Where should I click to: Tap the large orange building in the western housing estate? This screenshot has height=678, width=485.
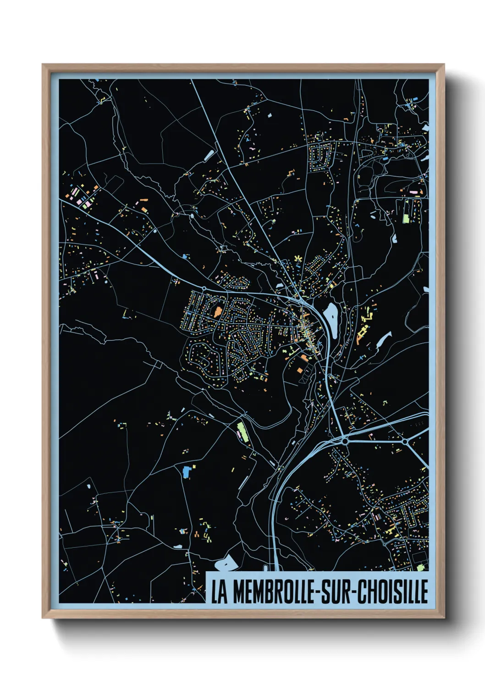click(x=217, y=312)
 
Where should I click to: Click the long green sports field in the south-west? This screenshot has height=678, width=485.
click(x=242, y=432)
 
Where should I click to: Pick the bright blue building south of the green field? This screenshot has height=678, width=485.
click(x=186, y=471)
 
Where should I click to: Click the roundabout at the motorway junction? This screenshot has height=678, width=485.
click(x=345, y=441)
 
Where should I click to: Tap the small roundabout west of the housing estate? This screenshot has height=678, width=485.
click(x=204, y=288)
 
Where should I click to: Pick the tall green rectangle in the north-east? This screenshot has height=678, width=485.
click(x=406, y=211)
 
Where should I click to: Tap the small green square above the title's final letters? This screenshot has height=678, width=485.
click(x=420, y=568)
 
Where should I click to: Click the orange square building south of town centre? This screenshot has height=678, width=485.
click(x=300, y=370)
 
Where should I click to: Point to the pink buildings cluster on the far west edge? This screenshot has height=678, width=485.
click(x=78, y=197)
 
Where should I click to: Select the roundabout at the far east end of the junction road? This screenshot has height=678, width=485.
click(x=405, y=441)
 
